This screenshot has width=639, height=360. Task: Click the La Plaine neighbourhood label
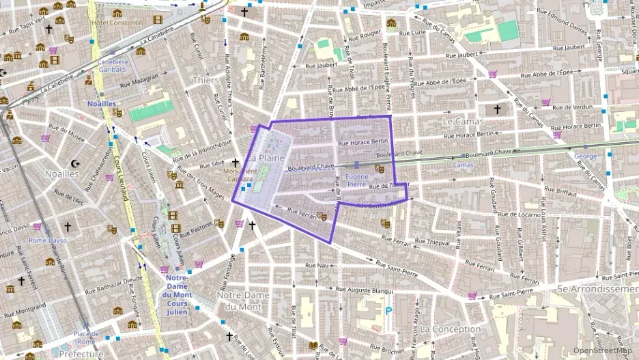pos(266,158)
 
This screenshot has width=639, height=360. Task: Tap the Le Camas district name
pos(463,122)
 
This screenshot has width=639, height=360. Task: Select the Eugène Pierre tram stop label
pos(356,180)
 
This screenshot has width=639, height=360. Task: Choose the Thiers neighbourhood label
pos(205,80)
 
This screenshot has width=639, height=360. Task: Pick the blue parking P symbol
pos(388,311)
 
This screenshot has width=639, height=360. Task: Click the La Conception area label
pos(451,329)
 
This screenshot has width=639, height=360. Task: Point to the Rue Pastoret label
pos(195,228)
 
